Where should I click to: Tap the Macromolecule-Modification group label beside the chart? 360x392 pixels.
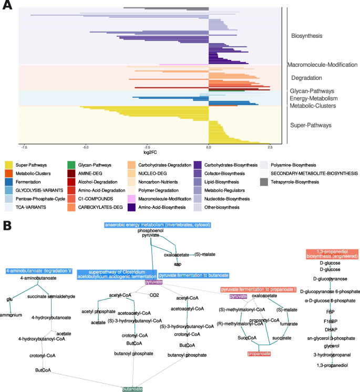click(x=322, y=65)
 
